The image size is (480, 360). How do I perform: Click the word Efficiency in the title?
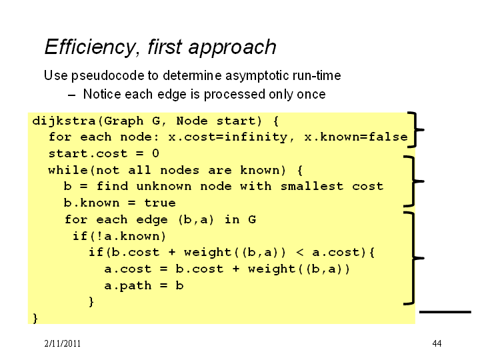tap(90, 47)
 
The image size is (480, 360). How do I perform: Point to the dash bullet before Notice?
tap(71, 95)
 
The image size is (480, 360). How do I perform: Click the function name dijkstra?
tap(64, 121)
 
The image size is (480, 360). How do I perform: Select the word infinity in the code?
tap(256, 137)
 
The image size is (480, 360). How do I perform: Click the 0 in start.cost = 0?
tap(155, 153)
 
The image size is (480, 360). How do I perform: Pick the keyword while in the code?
tap(68, 170)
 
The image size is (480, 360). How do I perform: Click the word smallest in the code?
tap(312, 186)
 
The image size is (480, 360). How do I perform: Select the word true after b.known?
tap(160, 203)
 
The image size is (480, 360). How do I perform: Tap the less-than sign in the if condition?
tap(300, 253)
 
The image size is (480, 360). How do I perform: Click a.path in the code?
tap(127, 285)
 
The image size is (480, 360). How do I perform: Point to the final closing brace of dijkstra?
tap(35, 318)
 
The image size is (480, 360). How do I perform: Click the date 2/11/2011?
tap(63, 343)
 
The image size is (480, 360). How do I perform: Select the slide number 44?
tap(437, 343)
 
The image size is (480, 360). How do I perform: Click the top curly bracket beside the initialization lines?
tap(415, 130)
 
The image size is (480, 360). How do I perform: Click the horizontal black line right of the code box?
tap(445, 312)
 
